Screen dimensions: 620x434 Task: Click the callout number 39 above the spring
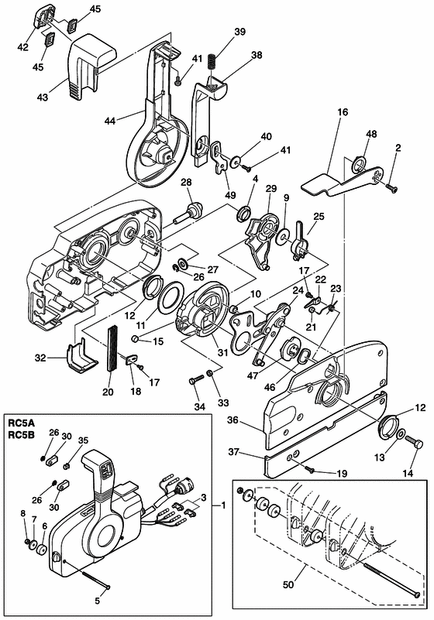coord(239,31)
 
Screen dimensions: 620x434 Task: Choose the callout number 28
coord(185,182)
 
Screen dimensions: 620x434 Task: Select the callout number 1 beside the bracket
coord(224,505)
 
